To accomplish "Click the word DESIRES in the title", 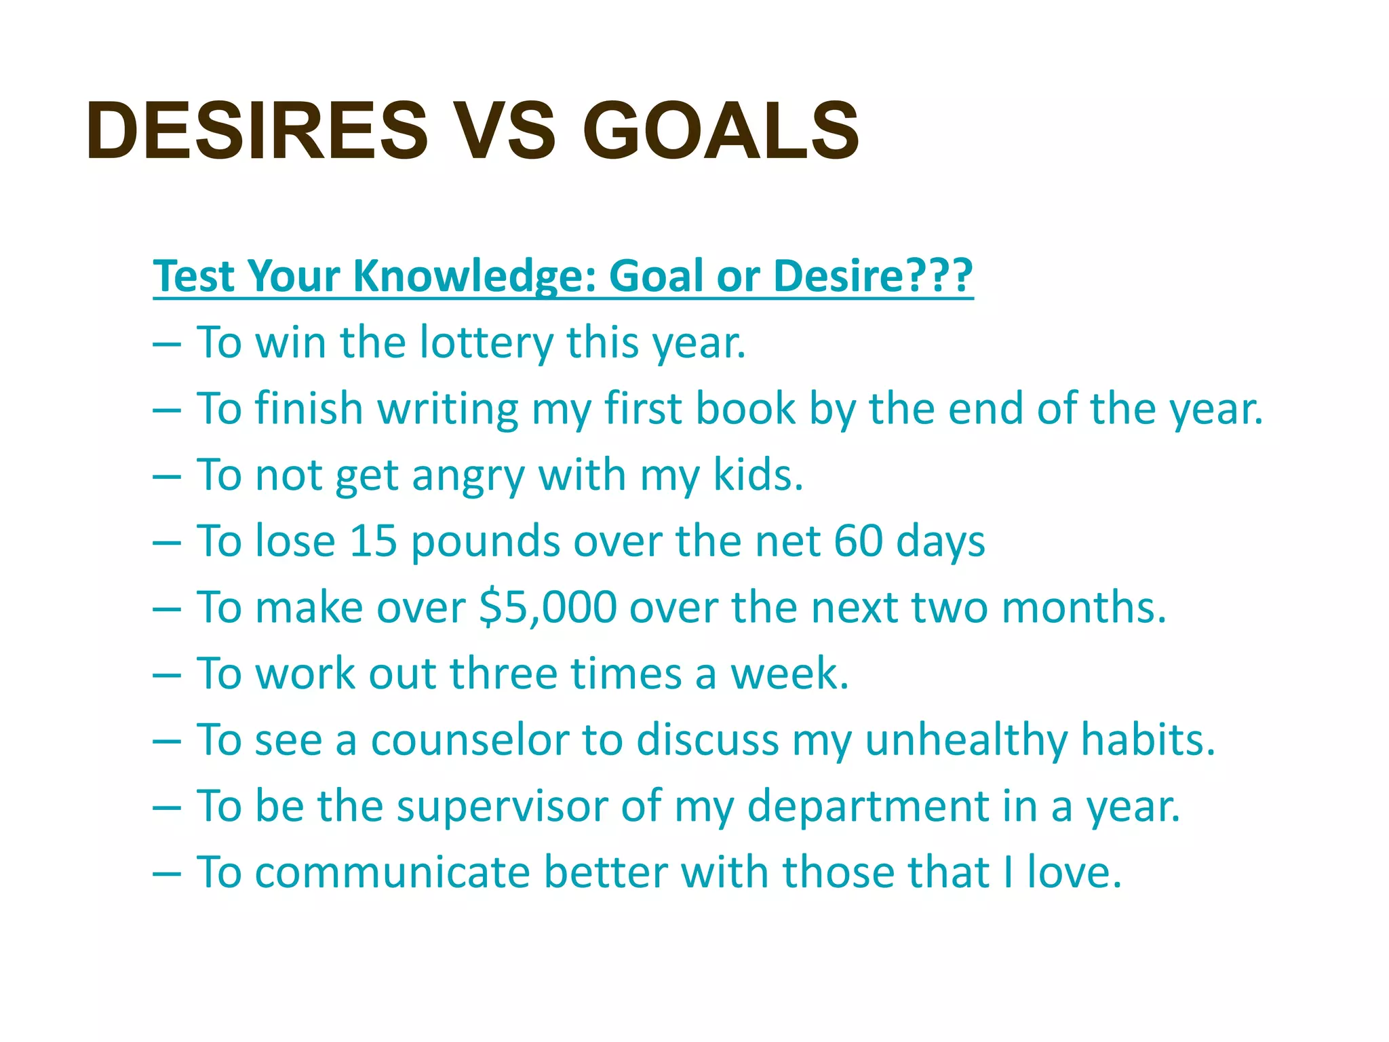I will coord(258,130).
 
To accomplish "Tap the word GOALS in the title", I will coord(720,130).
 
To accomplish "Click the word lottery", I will coord(486,343).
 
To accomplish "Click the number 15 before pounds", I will coord(372,541).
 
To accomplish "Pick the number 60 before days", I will coord(858,541).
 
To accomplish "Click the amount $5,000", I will coord(547,608).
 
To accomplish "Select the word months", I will coord(1083,608).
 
